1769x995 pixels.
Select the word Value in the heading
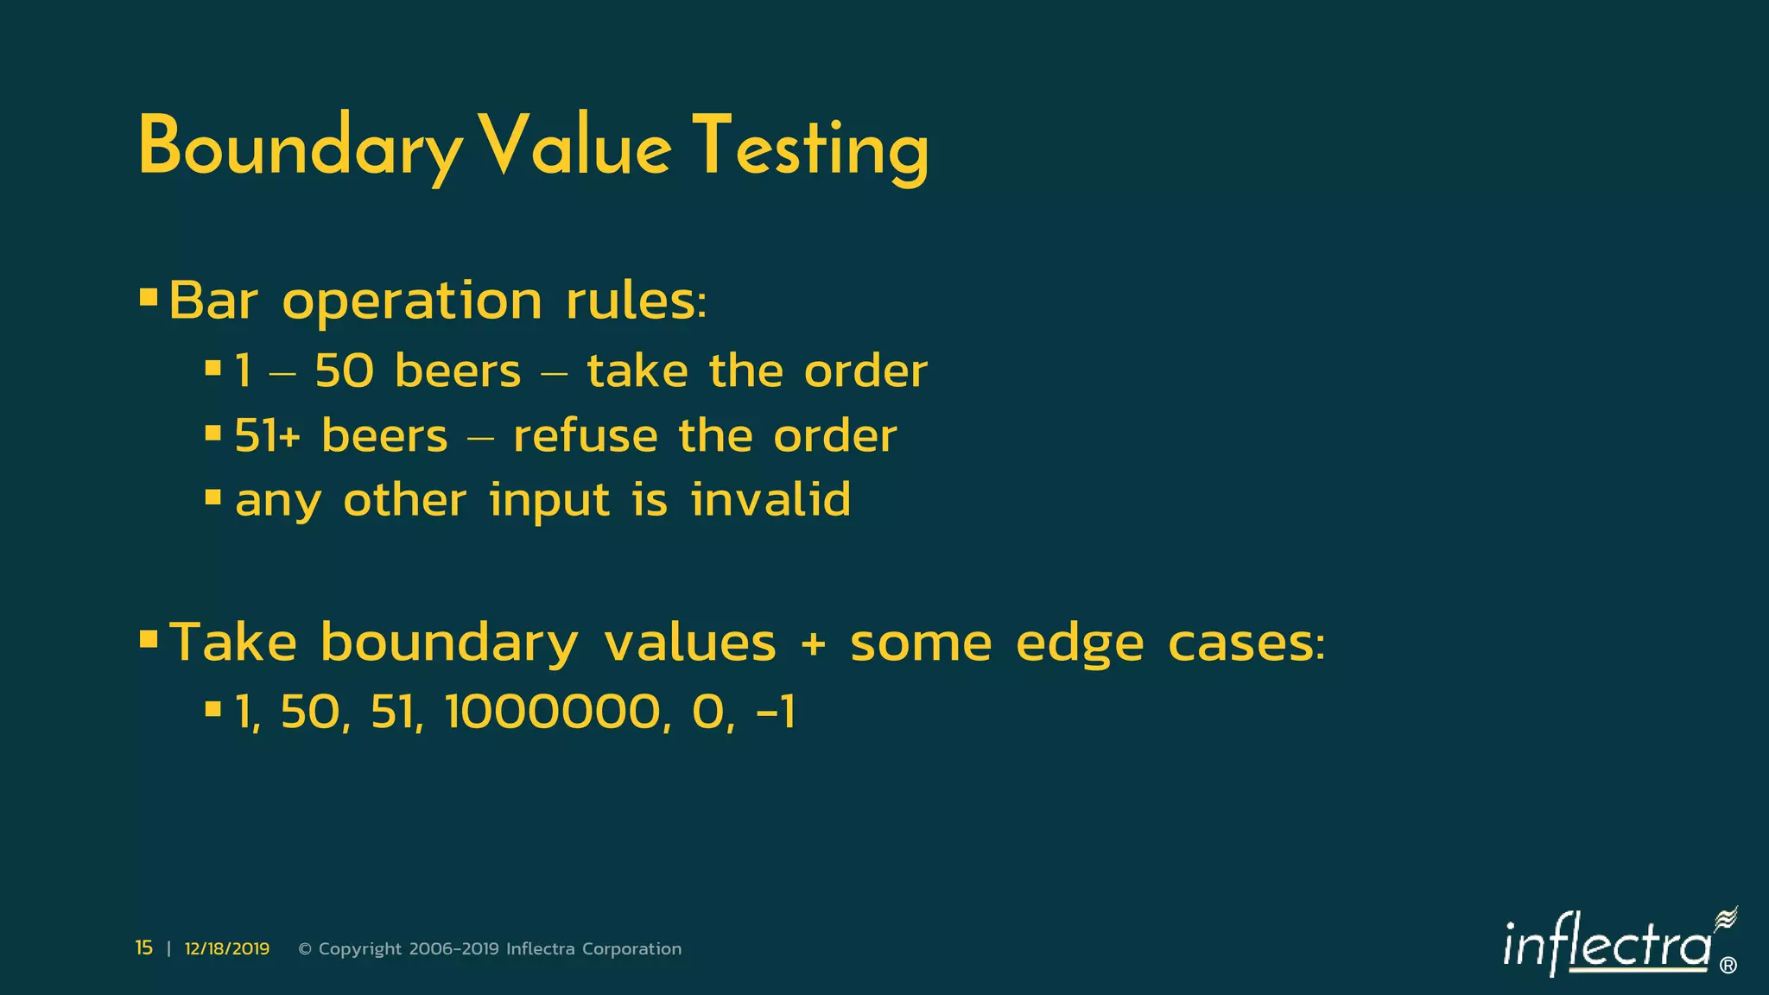pos(574,147)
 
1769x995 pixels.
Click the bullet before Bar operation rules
pos(149,299)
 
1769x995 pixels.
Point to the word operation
pos(412,302)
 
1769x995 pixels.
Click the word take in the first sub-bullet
pos(637,371)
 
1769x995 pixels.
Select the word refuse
pos(585,435)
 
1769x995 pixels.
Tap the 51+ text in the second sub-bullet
pos(267,435)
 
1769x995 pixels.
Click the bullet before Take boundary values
pos(149,640)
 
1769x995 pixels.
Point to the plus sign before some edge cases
pos(812,644)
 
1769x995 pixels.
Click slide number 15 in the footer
pos(143,948)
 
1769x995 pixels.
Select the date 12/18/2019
pos(227,949)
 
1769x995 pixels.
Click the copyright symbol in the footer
pos(305,949)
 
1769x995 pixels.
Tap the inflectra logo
pos(1607,946)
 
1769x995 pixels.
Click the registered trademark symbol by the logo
pos(1728,966)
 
